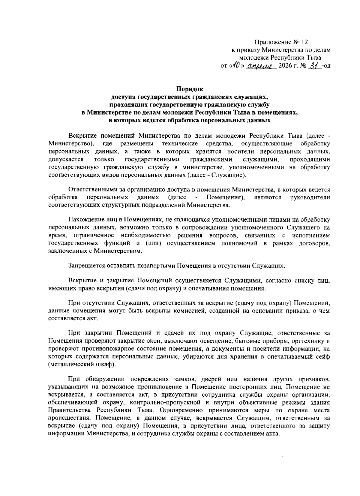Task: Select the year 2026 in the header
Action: pyautogui.click(x=285, y=66)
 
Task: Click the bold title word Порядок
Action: pyautogui.click(x=189, y=89)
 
